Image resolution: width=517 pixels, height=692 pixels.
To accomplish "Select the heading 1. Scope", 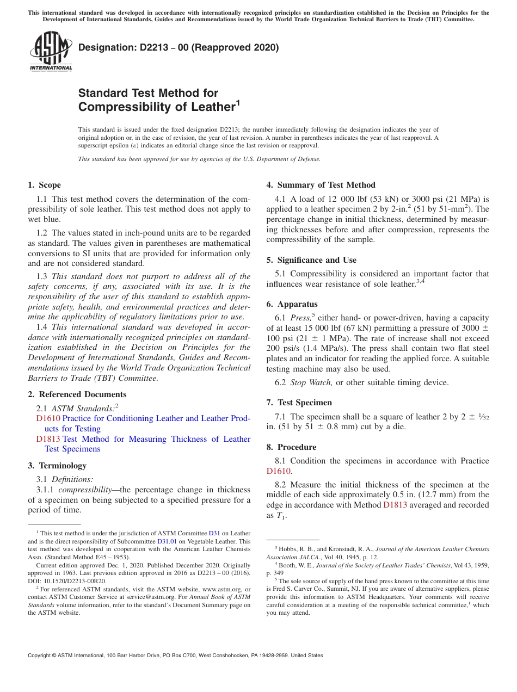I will click(45, 185).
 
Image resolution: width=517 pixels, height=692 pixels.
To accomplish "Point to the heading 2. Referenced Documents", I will click(77, 394).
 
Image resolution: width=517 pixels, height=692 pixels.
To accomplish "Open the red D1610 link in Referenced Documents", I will click(48, 418).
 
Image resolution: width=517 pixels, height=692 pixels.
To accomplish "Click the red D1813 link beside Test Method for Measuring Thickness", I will click(48, 439).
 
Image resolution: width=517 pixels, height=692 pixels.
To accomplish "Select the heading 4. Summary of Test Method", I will click(321, 185).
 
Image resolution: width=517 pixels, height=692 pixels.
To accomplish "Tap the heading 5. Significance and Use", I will click(311, 260).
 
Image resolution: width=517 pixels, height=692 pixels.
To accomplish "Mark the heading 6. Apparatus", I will click(292, 304).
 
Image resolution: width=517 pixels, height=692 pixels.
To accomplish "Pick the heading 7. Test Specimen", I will click(299, 403).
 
